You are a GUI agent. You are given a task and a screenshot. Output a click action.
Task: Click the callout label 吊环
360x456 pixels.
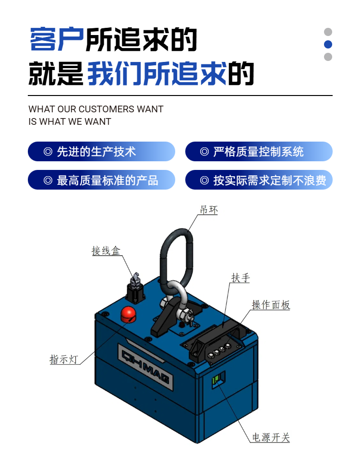coord(208,210)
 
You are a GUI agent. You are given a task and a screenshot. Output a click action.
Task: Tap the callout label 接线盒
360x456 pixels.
coord(106,251)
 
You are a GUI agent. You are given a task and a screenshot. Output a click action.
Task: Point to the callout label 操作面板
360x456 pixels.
coord(271,305)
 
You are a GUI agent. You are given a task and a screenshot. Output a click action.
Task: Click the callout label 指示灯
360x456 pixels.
coord(64,359)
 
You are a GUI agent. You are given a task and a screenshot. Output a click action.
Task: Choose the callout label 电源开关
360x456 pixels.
coord(271,437)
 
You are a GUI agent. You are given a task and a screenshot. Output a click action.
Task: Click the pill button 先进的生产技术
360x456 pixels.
coord(101,152)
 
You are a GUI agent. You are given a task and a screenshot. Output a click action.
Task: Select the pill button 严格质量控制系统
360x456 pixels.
coord(259,152)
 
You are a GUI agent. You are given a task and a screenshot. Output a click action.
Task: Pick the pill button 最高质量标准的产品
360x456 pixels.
coord(101,180)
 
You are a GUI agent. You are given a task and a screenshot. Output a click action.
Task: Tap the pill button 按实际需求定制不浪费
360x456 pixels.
coord(259,180)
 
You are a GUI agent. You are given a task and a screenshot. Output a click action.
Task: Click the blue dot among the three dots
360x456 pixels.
coord(328,45)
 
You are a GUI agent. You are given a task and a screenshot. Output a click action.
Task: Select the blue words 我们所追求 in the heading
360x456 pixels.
coord(157,73)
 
